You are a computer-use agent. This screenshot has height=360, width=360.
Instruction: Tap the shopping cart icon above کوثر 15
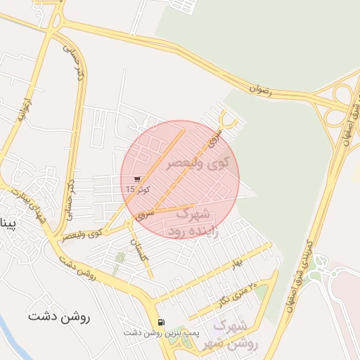[136, 179]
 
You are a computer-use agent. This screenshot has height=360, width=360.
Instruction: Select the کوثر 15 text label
[136, 189]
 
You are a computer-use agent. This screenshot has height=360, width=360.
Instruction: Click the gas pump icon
[162, 322]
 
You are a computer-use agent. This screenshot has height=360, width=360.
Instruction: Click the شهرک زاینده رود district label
[191, 221]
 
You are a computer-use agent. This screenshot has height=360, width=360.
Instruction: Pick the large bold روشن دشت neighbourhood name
[60, 317]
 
